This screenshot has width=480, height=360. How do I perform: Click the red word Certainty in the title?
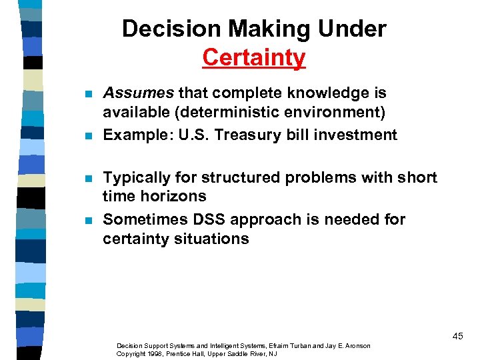(x=254, y=57)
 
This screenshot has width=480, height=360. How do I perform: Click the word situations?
(x=215, y=239)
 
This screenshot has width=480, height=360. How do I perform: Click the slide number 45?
(x=457, y=336)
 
